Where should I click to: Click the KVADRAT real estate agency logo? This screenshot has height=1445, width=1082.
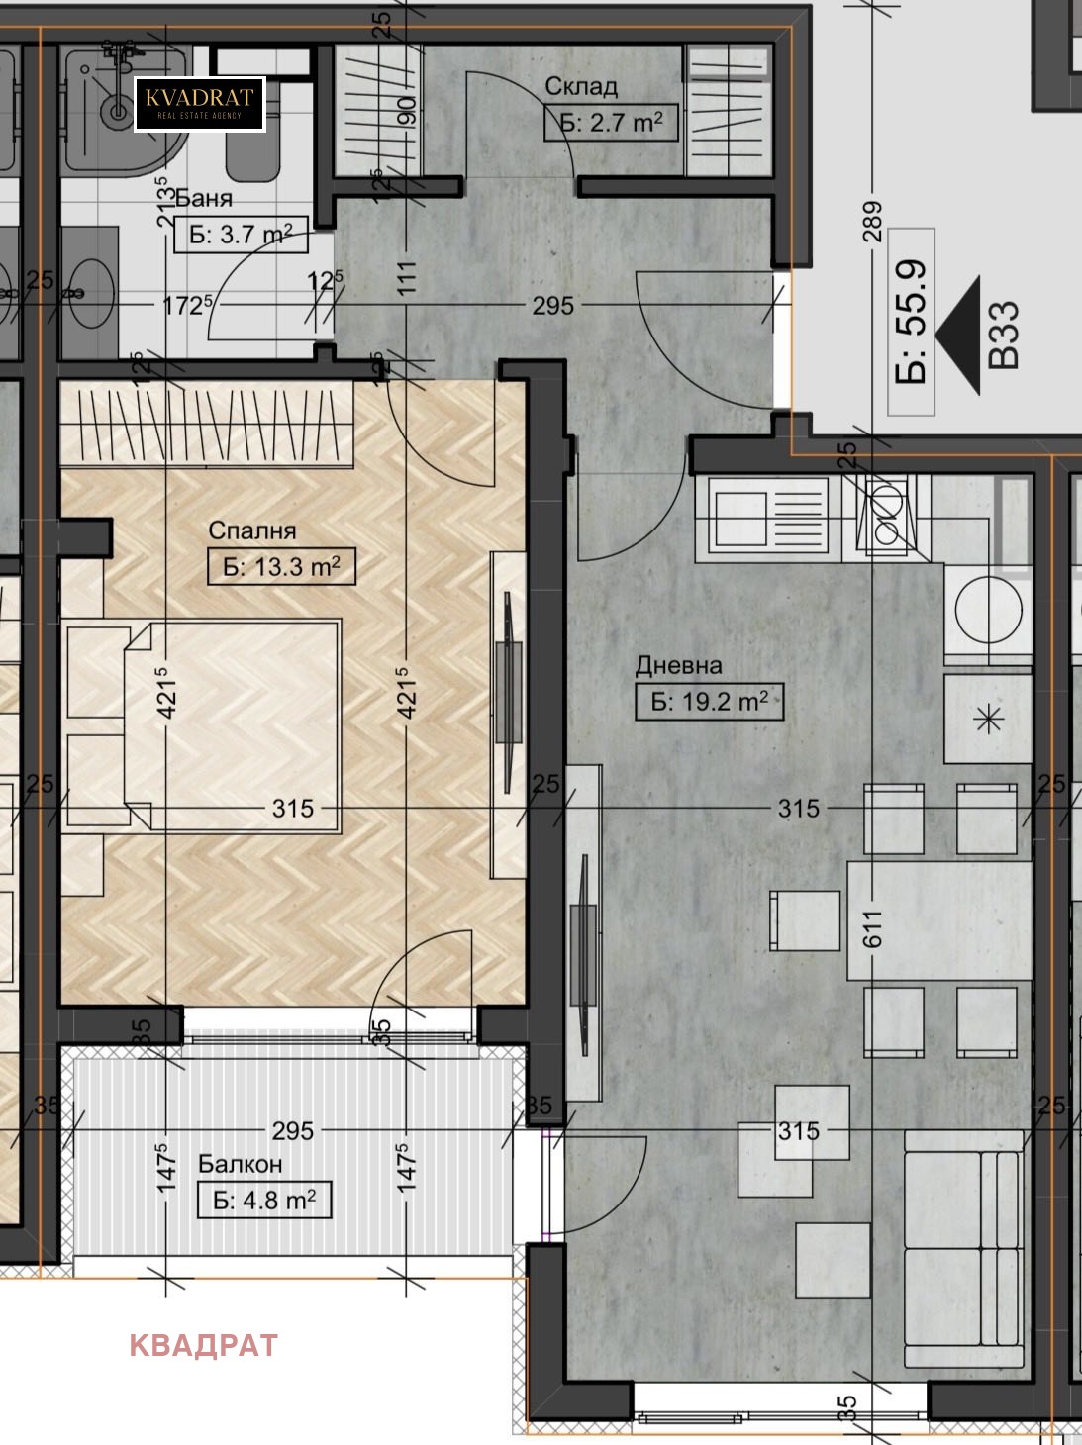pos(199,104)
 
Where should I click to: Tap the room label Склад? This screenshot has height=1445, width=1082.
pos(581,86)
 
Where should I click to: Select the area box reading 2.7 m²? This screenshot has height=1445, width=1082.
pos(611,123)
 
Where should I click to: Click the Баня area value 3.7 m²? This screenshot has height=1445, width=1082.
pos(241,235)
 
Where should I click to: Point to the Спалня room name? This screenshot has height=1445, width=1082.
pos(252,530)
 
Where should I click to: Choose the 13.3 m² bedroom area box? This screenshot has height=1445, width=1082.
pos(281,566)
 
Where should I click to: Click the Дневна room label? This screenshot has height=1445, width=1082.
pos(678,666)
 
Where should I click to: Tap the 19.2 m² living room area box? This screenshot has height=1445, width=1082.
pos(710,702)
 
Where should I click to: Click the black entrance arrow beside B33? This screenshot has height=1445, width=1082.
pos(957,336)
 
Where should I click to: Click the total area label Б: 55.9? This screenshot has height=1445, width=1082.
pos(912,322)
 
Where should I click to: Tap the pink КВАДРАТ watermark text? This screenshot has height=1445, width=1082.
pos(203,1346)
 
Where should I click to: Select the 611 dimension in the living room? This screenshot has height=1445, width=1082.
pos(873,929)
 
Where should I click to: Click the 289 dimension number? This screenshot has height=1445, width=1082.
pos(873,222)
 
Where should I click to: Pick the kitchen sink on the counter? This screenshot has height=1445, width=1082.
pos(769,512)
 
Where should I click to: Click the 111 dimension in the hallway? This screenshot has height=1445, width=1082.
pos(407,277)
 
